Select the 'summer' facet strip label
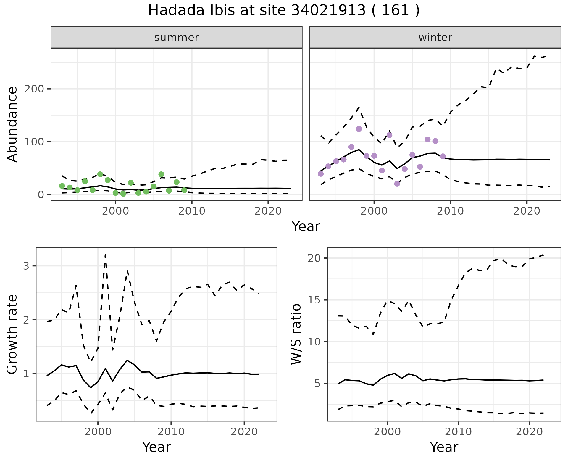pyautogui.click(x=177, y=38)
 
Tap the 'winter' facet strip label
pyautogui.click(x=435, y=38)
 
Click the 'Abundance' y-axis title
pyautogui.click(x=12, y=124)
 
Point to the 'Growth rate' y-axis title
pyautogui.click(x=12, y=334)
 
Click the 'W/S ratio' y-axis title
pyautogui.click(x=296, y=334)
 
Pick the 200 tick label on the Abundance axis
pyautogui.click(x=34, y=89)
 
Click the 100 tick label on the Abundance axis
pyautogui.click(x=34, y=142)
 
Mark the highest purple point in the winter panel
pyautogui.click(x=359, y=129)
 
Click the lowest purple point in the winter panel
pyautogui.click(x=397, y=184)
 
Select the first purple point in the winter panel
pyautogui.click(x=321, y=174)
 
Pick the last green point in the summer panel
pyautogui.click(x=184, y=190)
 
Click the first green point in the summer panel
pyautogui.click(x=62, y=186)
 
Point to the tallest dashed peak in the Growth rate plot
pyautogui.click(x=105, y=254)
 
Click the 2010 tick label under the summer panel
pyautogui.click(x=192, y=211)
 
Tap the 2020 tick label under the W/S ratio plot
pyautogui.click(x=529, y=432)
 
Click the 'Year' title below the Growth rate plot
pyautogui.click(x=156, y=447)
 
